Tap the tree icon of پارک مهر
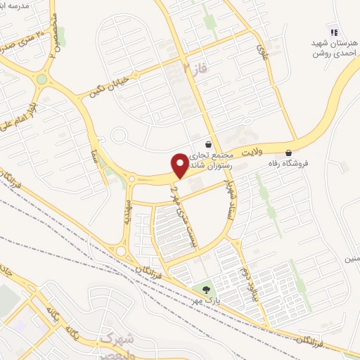(206, 288)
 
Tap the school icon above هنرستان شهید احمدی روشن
(334, 31)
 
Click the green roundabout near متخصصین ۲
(42, 79)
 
